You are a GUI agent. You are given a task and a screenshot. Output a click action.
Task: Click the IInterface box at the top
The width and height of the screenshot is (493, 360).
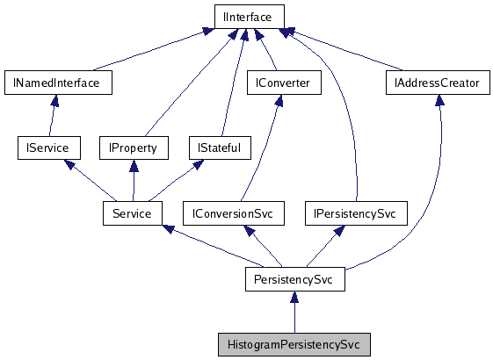[249, 16]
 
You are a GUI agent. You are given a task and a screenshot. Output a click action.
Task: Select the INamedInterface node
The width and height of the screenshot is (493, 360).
[57, 83]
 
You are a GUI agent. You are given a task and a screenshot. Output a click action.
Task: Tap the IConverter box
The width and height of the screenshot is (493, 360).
[284, 83]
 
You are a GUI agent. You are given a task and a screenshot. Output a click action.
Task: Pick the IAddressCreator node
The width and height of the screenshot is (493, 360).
[438, 83]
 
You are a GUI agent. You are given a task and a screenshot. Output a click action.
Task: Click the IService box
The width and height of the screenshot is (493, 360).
[48, 148]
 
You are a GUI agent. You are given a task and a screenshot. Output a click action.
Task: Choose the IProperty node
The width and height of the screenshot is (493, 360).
[133, 148]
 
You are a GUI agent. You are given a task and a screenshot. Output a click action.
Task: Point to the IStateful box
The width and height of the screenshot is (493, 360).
[220, 148]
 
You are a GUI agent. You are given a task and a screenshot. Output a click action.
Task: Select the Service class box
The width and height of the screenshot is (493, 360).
[133, 213]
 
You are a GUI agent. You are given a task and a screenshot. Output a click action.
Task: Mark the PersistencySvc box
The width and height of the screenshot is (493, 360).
[294, 279]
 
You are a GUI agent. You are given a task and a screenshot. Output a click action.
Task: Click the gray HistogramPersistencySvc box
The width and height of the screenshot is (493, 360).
[294, 344]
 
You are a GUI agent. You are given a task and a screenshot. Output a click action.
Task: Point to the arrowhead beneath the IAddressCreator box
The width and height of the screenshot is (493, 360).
[438, 101]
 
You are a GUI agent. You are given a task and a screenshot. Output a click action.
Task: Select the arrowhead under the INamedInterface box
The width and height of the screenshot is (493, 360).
[54, 102]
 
